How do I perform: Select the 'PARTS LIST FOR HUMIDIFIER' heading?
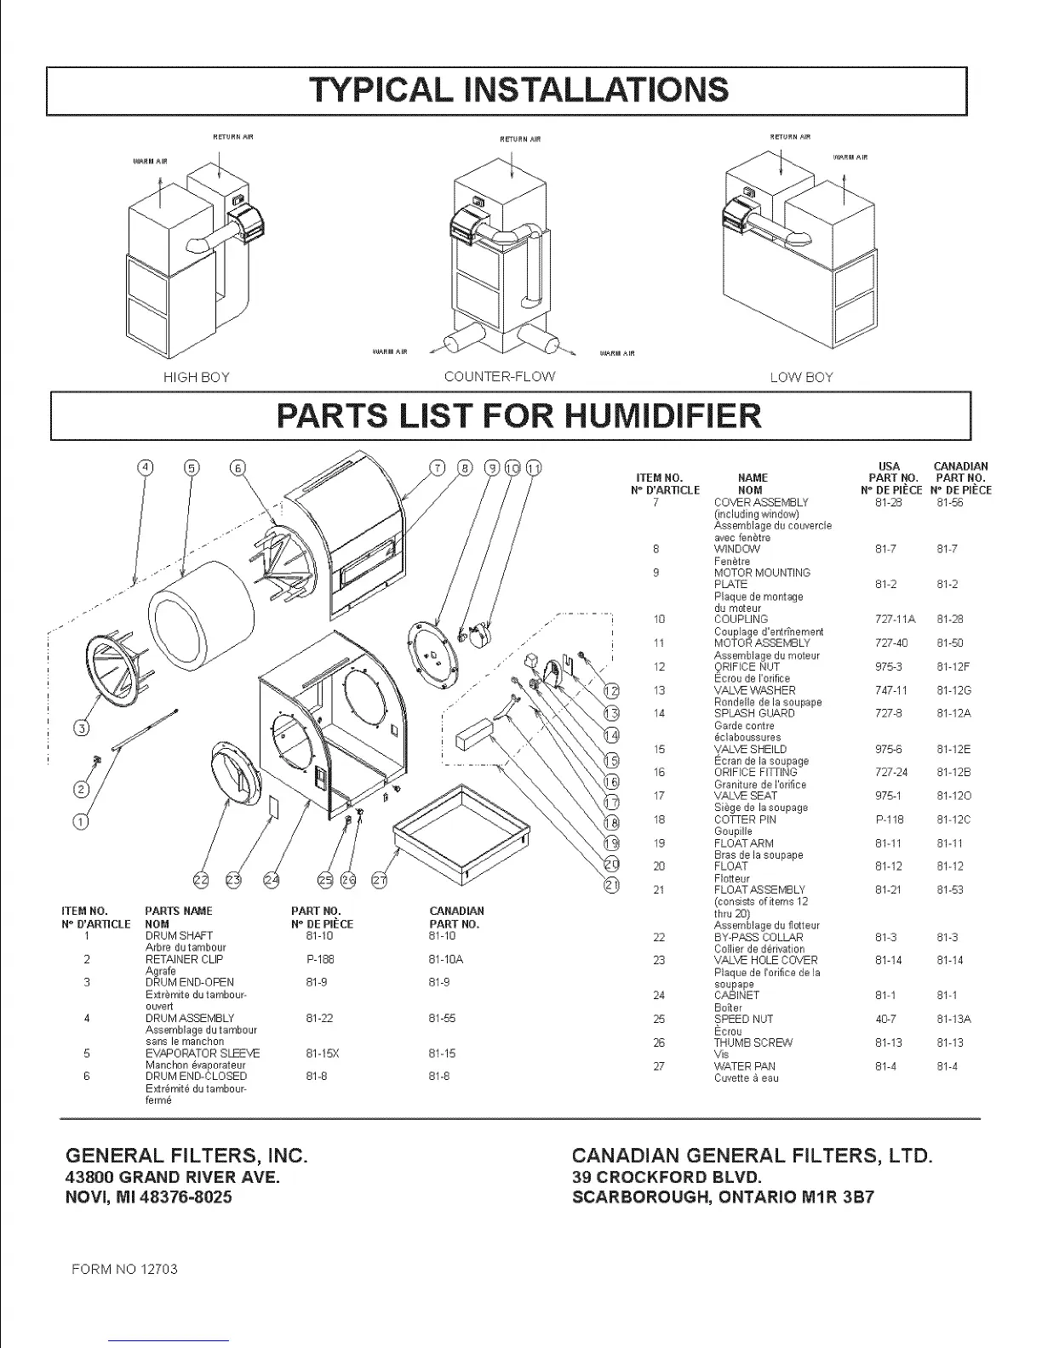(519, 415)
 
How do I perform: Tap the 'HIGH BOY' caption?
(196, 377)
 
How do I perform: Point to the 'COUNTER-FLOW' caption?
(500, 376)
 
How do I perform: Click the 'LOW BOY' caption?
(801, 377)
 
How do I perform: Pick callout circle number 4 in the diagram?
(146, 467)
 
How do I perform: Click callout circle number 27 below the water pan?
(381, 880)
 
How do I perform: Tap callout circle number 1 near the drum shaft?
(82, 821)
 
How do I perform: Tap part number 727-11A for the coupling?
(889, 620)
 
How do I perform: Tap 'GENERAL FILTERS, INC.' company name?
(186, 1156)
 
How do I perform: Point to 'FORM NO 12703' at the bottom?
(125, 1269)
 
